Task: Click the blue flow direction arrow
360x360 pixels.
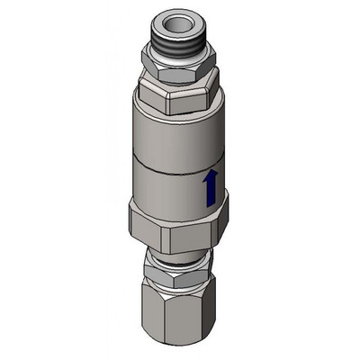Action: [x=211, y=190]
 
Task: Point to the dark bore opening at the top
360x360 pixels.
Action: [x=175, y=20]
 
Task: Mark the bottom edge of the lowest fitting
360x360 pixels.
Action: [x=181, y=346]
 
